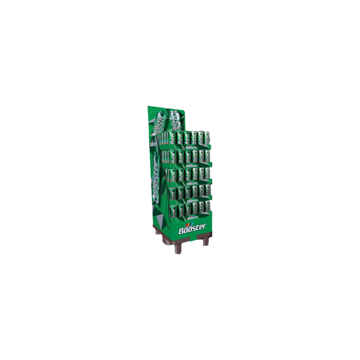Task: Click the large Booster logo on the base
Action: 192,229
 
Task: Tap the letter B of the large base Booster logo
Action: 182,231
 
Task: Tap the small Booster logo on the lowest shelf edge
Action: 191,217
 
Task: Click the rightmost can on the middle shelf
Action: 207,172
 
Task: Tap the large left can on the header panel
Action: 159,123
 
